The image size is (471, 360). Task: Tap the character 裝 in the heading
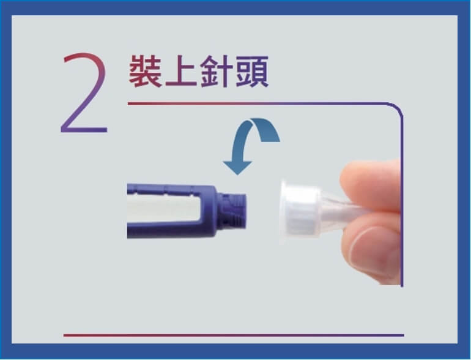point(145,72)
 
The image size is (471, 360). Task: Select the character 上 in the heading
point(180,73)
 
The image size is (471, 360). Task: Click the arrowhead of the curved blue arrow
point(237,167)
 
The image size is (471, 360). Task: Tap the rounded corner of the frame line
point(396,110)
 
